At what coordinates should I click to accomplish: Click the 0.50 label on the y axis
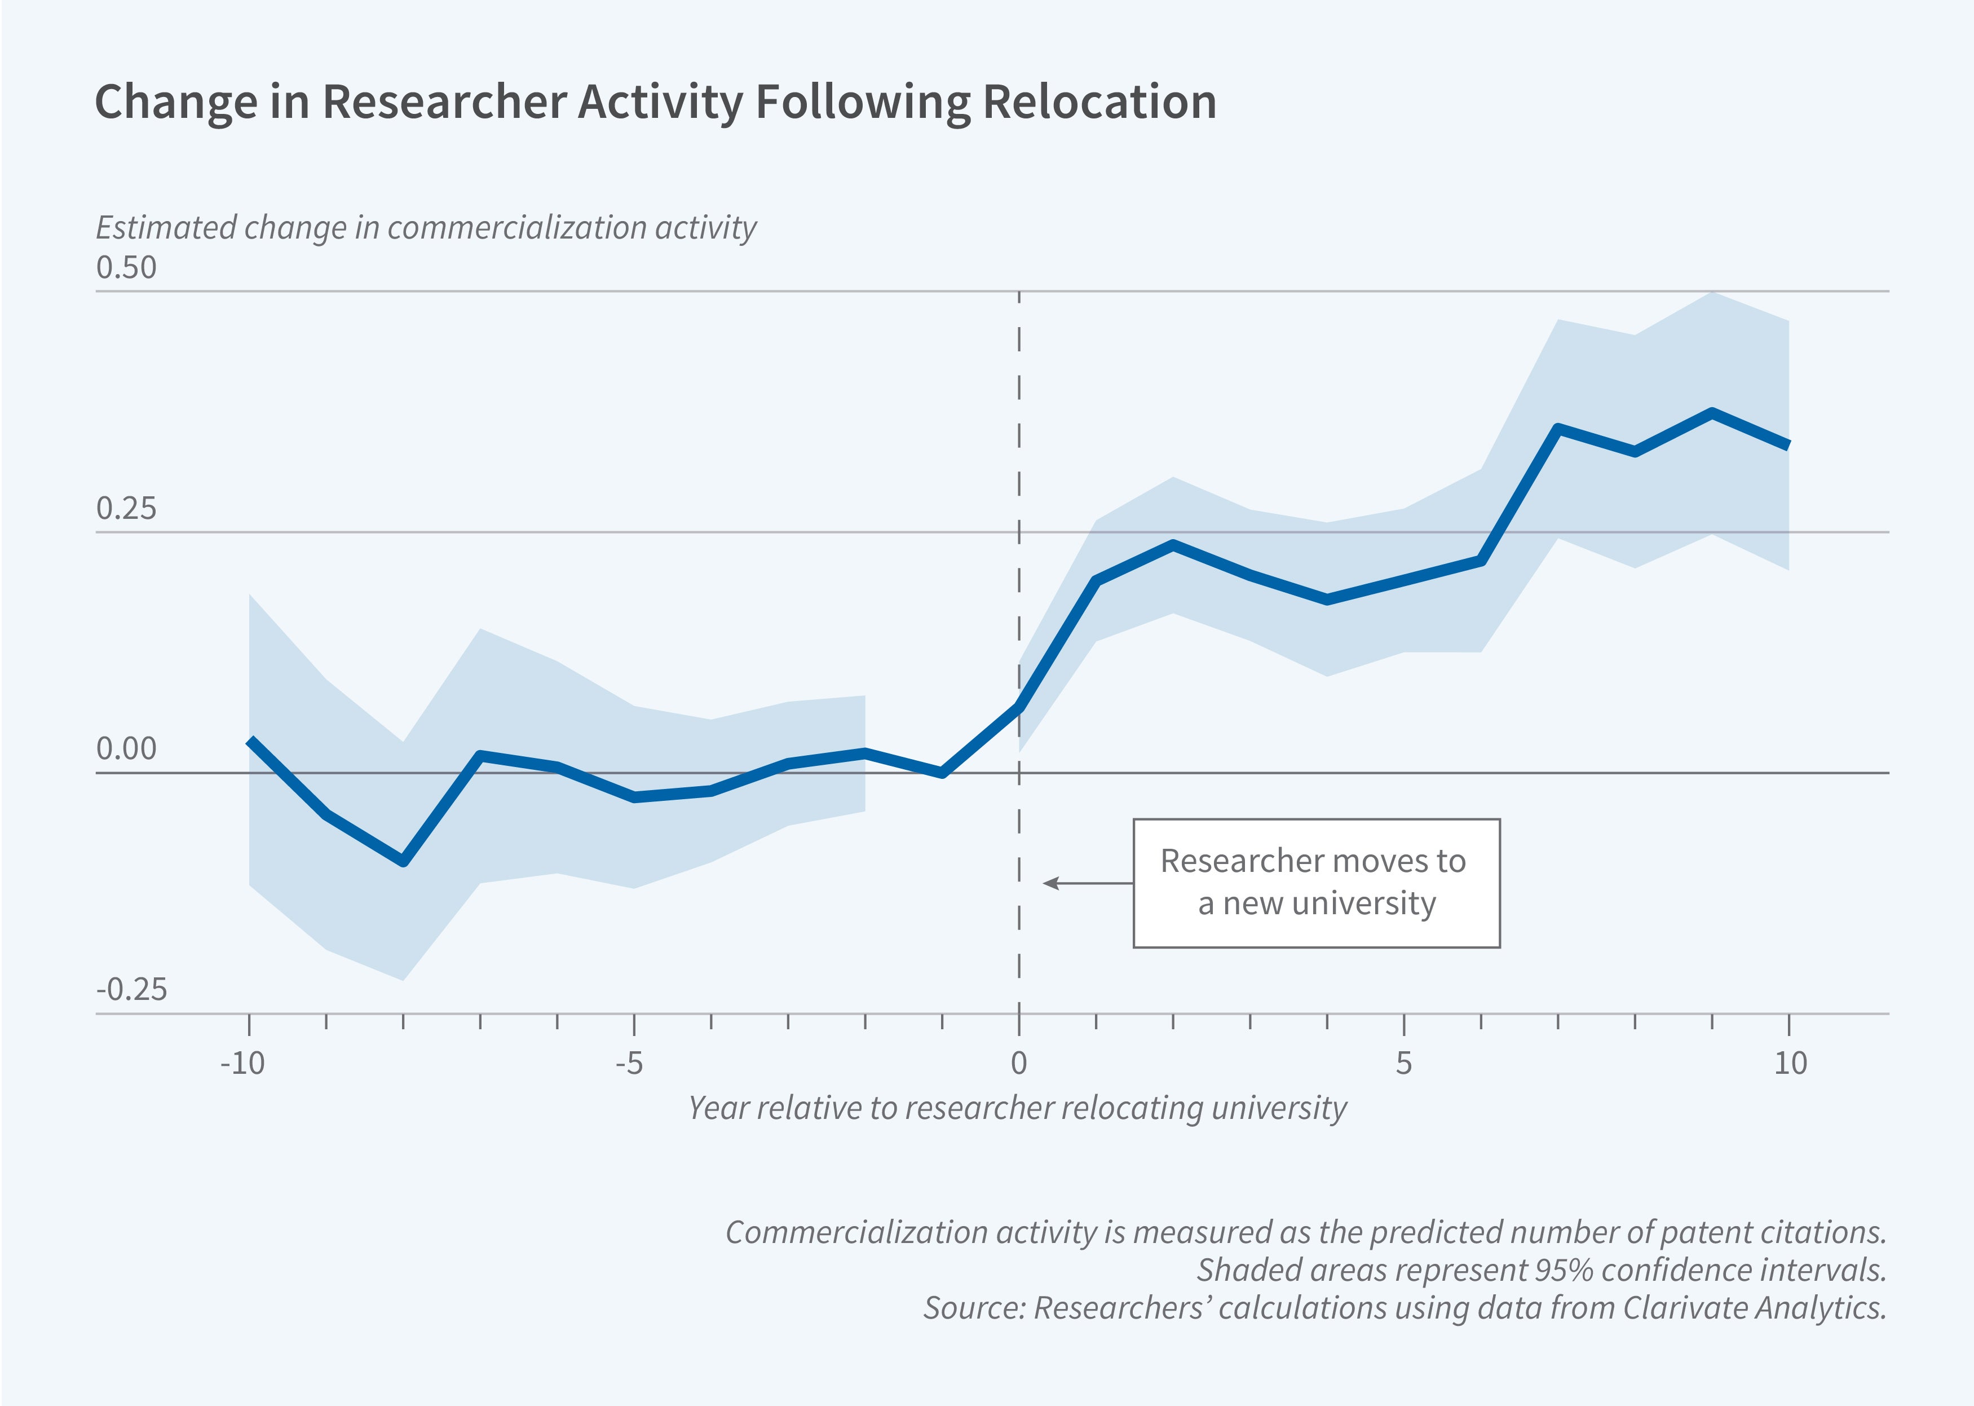[126, 267]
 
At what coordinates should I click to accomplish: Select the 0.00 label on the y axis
[126, 749]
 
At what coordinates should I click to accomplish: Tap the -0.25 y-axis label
[131, 990]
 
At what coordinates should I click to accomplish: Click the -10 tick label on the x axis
[242, 1063]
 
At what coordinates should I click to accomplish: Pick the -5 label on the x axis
[629, 1063]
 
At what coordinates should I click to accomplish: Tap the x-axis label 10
[1790, 1063]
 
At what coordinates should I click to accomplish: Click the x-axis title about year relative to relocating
[1017, 1108]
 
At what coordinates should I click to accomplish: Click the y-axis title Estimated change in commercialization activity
[426, 228]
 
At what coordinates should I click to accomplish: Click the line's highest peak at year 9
[1712, 412]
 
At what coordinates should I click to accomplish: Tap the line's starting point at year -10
[250, 741]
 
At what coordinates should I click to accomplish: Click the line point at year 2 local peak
[1173, 545]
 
